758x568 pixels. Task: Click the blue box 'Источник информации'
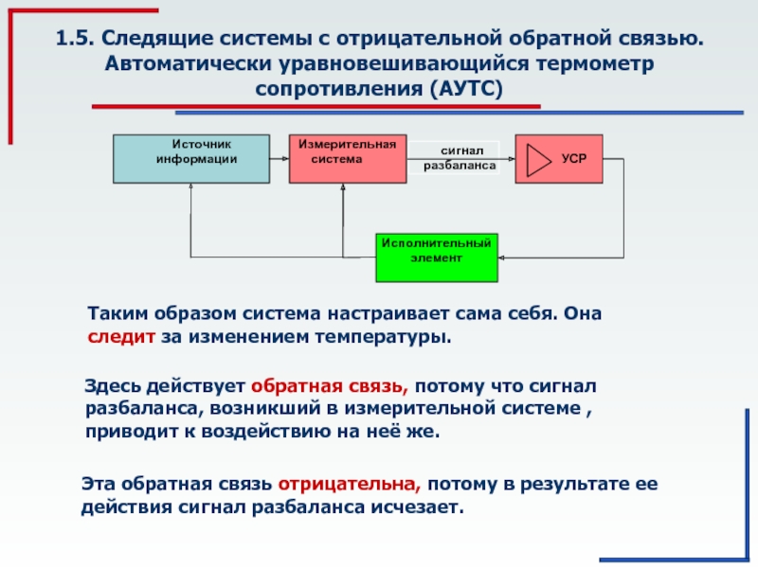point(191,159)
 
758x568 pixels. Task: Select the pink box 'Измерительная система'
point(348,159)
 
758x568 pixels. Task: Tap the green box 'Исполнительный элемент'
point(437,257)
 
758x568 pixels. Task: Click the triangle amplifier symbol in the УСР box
point(538,159)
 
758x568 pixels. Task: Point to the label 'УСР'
point(574,158)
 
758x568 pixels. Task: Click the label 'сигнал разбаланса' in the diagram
point(460,158)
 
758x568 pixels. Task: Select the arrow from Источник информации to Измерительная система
point(280,158)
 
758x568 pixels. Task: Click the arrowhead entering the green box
point(501,257)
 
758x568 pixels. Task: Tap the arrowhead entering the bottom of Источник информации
point(190,186)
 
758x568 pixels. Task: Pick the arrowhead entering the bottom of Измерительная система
point(343,186)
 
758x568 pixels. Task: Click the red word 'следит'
point(121,336)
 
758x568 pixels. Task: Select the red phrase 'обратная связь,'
point(330,386)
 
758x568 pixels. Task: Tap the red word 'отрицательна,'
point(350,484)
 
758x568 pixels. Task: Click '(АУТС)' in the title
point(464,89)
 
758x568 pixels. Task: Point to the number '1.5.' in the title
point(75,39)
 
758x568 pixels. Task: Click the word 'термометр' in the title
point(595,63)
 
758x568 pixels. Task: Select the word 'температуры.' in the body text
point(384,337)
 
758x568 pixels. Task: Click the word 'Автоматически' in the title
point(188,63)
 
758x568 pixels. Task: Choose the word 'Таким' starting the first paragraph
point(117,313)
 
